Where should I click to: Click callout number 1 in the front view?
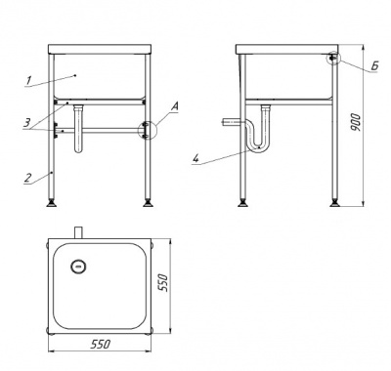point(29,80)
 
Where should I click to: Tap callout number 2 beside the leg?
point(28,178)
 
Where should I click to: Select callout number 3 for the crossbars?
point(26,123)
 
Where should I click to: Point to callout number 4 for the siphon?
point(195,158)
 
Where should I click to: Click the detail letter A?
point(175,106)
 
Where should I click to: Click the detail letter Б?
point(374,66)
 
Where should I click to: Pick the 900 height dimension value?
point(357,123)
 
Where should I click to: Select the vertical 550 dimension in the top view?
point(163,283)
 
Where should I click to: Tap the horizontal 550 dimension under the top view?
point(101,344)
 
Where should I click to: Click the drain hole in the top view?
point(78,267)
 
